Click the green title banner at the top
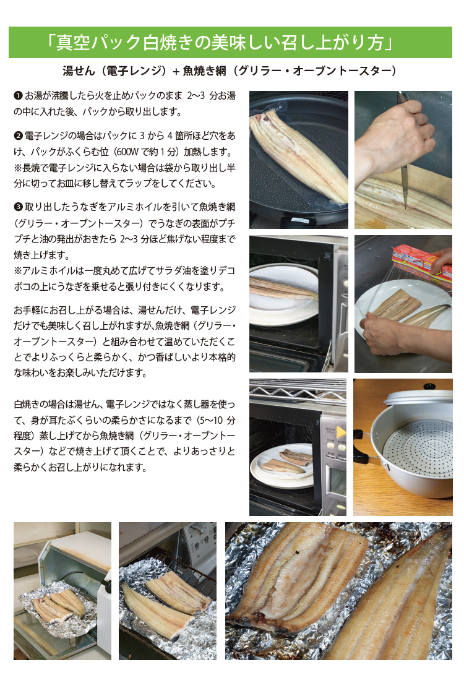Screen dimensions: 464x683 (x=230, y=42)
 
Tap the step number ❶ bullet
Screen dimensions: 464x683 (x=18, y=95)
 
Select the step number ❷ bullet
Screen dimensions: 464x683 (x=18, y=136)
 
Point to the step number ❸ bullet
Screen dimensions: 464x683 (x=18, y=207)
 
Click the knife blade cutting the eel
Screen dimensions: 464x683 (x=404, y=187)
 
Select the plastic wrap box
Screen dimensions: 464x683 (x=422, y=264)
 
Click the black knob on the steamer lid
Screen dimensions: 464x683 (x=429, y=387)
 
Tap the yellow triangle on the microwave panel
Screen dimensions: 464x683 (x=341, y=432)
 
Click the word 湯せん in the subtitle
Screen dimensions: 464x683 (x=79, y=71)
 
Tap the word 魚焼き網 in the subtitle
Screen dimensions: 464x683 (x=204, y=71)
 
